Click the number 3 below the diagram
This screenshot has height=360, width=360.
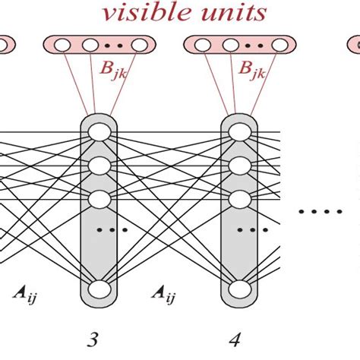point(92,339)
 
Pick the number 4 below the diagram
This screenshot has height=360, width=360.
point(237,339)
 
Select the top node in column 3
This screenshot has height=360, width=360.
point(98,132)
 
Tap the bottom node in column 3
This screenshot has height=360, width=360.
point(98,289)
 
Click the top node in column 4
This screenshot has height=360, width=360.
point(240,132)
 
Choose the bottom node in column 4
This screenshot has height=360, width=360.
point(240,289)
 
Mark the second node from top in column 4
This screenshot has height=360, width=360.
point(240,166)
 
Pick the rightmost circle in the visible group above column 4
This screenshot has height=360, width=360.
point(282,46)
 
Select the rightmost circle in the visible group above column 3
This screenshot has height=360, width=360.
point(139,46)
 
